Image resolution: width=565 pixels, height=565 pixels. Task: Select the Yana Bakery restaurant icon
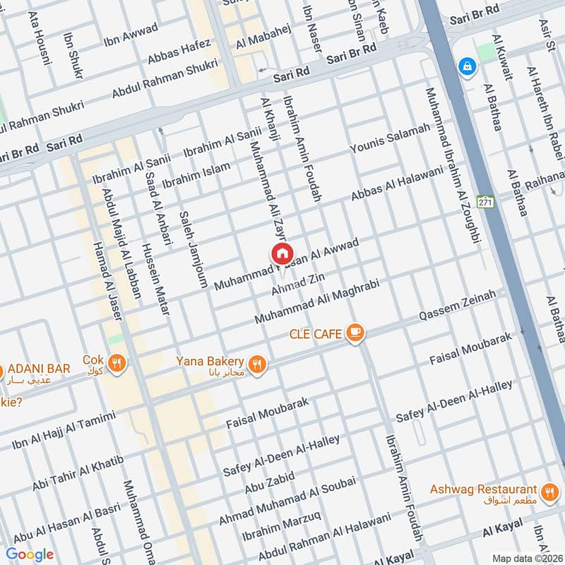click(258, 364)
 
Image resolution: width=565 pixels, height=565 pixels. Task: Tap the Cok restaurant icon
click(117, 363)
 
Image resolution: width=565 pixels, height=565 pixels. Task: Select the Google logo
click(30, 554)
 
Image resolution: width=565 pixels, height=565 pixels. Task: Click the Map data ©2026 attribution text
click(526, 557)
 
